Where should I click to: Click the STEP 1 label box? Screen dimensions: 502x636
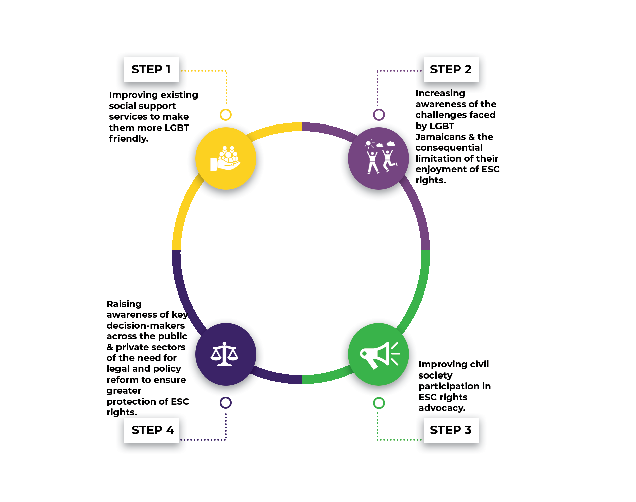pos(151,70)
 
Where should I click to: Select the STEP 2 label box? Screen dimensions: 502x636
pos(451,70)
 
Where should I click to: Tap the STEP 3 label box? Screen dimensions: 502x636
pos(451,430)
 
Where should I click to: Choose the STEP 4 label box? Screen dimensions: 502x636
pos(152,430)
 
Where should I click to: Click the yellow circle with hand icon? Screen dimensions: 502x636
pos(226,158)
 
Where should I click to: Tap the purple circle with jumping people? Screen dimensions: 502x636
pos(378,158)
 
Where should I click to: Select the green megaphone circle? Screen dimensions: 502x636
pos(378,354)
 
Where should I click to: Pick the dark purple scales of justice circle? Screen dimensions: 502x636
pos(226,354)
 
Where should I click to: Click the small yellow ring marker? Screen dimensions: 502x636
pos(226,115)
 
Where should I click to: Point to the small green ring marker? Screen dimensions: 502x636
pos(379,403)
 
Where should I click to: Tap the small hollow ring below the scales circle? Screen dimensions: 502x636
pos(226,402)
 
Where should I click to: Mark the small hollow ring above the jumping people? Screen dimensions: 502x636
pos(379,115)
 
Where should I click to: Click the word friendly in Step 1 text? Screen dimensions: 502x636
pos(129,139)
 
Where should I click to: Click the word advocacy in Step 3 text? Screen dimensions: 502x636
pos(442,408)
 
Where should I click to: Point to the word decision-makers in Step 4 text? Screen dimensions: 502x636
pos(146,326)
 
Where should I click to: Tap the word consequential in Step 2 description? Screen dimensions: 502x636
pos(449,148)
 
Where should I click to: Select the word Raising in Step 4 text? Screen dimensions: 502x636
pos(124,304)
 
